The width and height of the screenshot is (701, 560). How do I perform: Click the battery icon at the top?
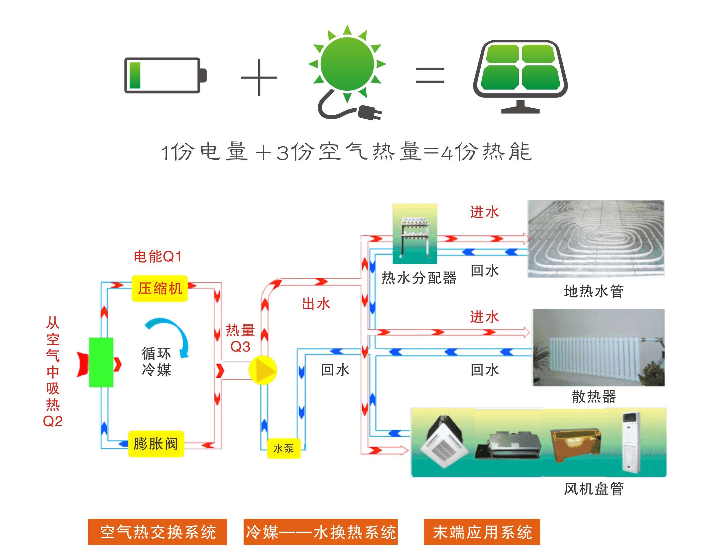165,76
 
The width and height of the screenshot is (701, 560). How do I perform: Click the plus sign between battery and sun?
259,78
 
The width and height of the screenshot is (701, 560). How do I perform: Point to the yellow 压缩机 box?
160,288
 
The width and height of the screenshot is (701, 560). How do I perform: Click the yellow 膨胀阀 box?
156,444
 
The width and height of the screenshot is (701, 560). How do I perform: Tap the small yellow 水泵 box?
284,448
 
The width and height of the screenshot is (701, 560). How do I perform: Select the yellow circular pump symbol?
263,370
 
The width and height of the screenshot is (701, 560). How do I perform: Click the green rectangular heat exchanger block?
101,362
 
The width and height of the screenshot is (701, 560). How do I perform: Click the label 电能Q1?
158,256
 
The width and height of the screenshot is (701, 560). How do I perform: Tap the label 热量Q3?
240,338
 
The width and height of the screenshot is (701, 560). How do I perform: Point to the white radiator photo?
598,347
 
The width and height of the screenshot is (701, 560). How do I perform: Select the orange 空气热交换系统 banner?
157,532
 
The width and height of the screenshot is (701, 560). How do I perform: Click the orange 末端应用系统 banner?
482,532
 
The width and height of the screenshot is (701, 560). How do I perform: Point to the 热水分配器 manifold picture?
415,234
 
